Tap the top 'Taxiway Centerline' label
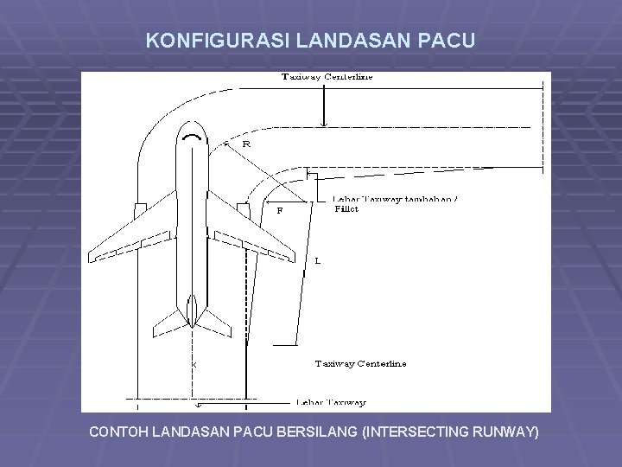tap(327, 78)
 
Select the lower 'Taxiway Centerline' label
tap(360, 363)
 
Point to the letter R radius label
tap(246, 144)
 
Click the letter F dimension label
tap(279, 209)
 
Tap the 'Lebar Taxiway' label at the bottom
tap(330, 402)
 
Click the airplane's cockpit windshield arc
tap(190, 136)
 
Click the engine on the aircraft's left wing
tap(140, 209)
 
